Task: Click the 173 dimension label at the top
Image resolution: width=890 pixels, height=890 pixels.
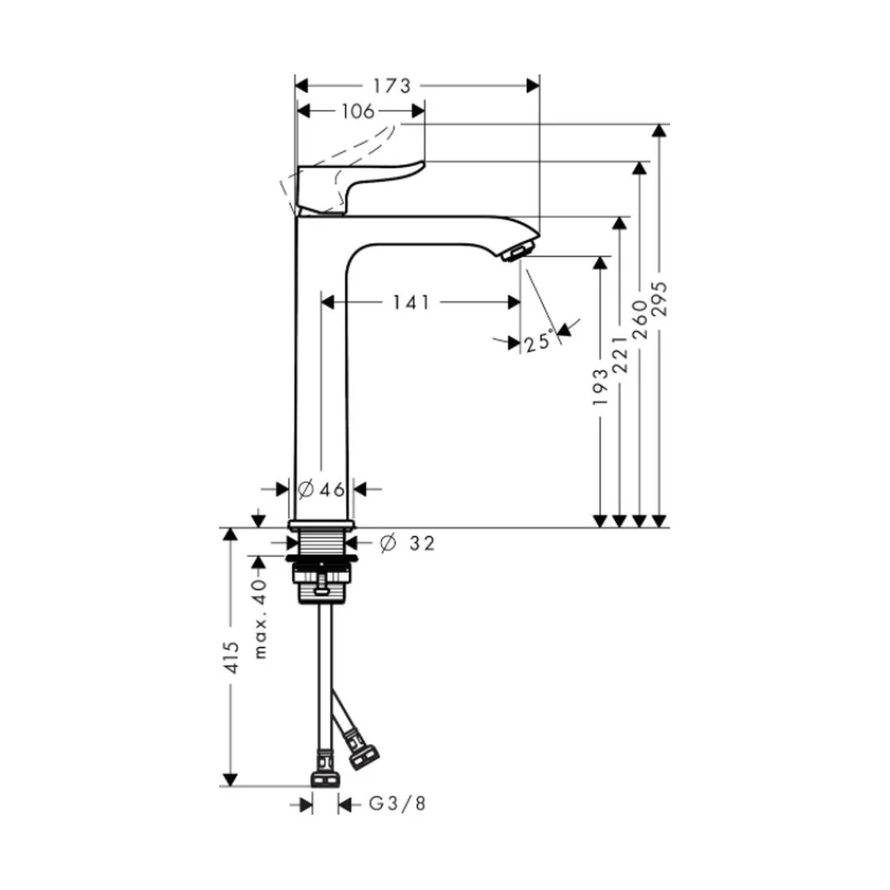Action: click(392, 85)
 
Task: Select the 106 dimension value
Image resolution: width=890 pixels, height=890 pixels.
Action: click(358, 111)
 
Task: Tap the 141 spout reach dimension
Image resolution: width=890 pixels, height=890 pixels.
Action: click(411, 303)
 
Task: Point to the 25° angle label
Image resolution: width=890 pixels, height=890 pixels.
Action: click(538, 343)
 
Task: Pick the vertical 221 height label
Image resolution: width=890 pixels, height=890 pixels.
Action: click(619, 353)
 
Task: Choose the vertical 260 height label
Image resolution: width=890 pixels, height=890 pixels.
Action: click(639, 320)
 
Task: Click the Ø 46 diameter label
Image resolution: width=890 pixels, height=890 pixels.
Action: click(321, 489)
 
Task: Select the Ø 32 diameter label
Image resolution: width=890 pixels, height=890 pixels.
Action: click(408, 543)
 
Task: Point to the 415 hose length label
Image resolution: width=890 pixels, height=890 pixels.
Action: click(231, 658)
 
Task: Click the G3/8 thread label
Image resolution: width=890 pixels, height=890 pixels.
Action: click(397, 803)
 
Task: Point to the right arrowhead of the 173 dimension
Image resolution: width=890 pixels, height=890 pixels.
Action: click(533, 85)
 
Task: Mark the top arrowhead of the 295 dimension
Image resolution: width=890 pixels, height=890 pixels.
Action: click(659, 130)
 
